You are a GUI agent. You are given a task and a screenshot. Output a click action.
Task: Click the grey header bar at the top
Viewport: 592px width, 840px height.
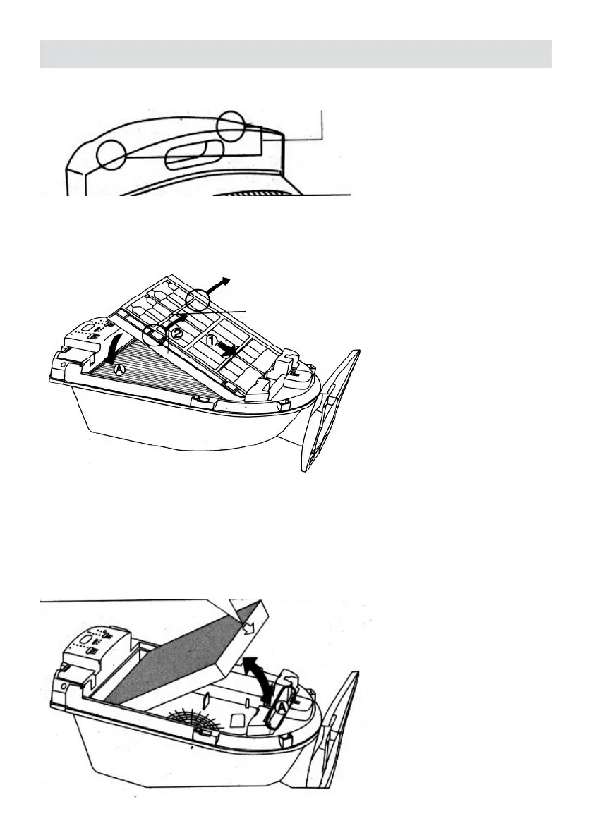(296, 54)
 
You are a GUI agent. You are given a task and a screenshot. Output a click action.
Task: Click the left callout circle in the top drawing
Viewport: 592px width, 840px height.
(111, 154)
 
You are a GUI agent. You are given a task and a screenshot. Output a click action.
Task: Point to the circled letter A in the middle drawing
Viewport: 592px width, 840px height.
(119, 368)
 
